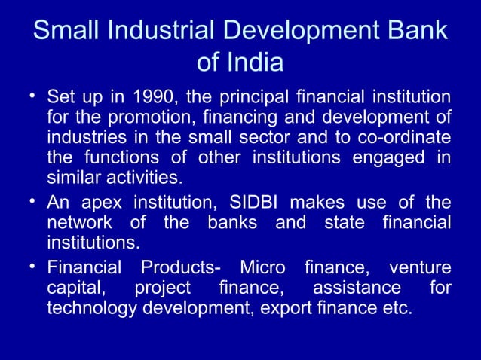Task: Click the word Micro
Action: click(x=262, y=268)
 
